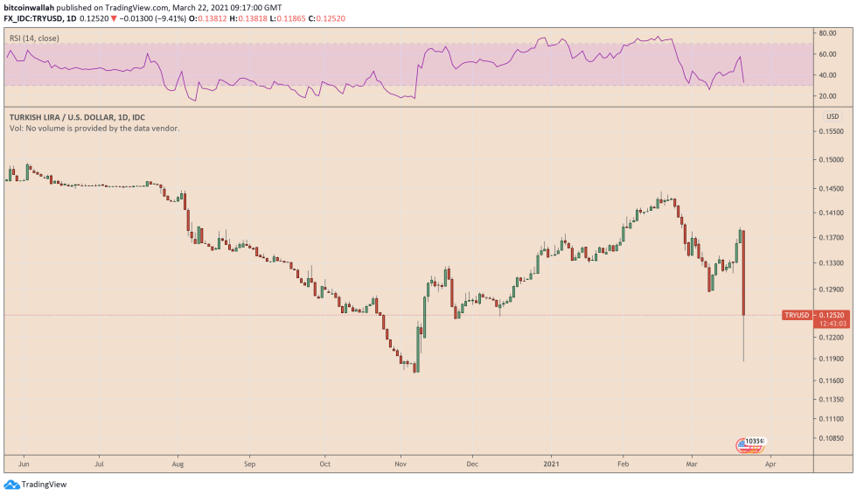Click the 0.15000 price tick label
pos(829,160)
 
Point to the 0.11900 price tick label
pos(829,359)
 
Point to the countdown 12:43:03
pos(829,324)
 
